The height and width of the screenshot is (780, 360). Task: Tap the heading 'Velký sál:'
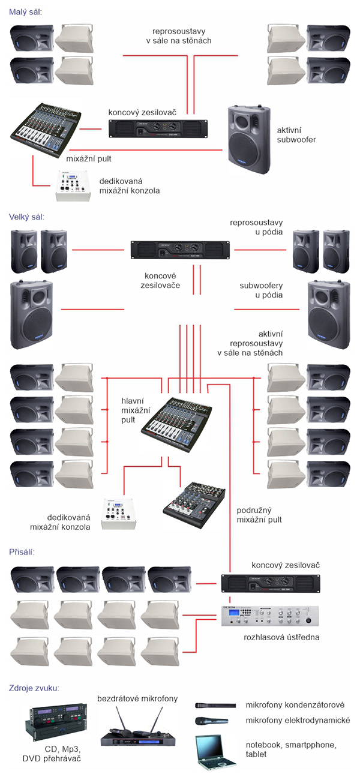click(28, 217)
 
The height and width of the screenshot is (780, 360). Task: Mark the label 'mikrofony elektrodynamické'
click(298, 721)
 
